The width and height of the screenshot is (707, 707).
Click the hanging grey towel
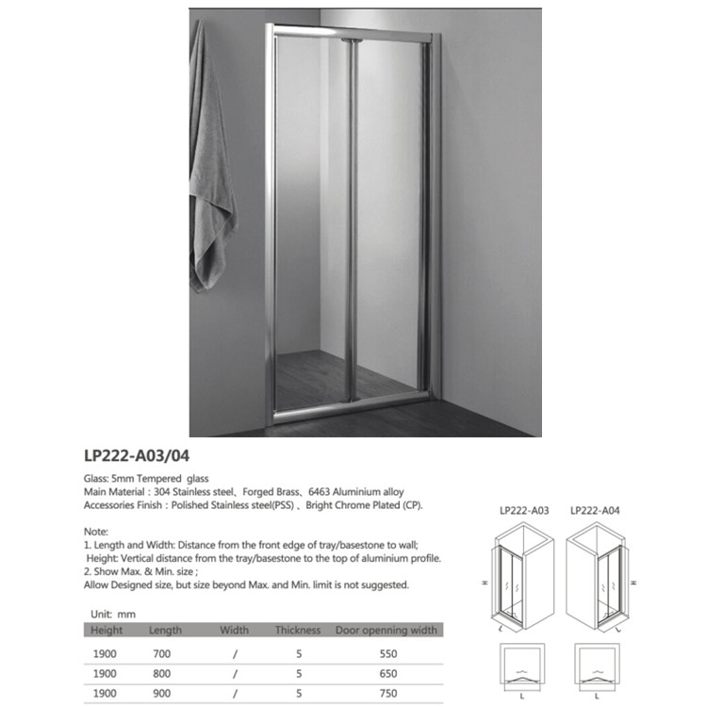pos(211,160)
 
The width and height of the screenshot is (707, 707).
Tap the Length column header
pos(167,630)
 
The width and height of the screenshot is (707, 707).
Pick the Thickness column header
pos(298,630)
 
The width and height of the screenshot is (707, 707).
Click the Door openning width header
pos(386,630)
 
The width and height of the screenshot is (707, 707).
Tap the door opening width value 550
pos(386,652)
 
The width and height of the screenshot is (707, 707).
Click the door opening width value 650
pos(386,674)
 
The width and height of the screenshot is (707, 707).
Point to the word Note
pos(97,532)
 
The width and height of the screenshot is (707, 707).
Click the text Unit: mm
pos(108,614)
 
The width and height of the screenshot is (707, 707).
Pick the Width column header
pos(234,630)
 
